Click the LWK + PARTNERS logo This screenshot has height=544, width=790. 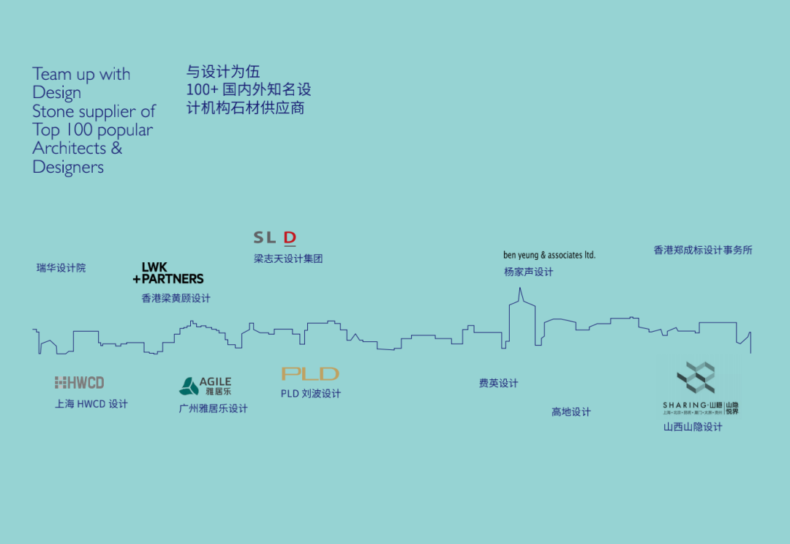(168, 273)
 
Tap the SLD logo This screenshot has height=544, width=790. (274, 237)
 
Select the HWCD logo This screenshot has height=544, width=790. (79, 382)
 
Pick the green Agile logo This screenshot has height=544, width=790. (206, 386)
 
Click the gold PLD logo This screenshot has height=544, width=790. (310, 373)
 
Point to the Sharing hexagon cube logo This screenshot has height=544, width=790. (696, 378)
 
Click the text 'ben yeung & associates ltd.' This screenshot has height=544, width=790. (549, 255)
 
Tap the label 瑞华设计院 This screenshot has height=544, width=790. (61, 268)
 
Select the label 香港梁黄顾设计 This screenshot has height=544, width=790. (176, 298)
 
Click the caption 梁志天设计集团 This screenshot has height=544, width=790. (288, 258)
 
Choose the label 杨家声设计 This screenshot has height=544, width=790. (528, 272)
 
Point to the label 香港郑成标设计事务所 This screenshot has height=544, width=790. (702, 250)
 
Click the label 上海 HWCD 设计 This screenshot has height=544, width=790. (91, 403)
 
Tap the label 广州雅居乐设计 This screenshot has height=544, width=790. (214, 409)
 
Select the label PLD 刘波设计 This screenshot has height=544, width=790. (310, 393)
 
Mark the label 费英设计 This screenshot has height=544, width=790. (498, 383)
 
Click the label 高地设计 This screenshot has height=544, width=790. (571, 411)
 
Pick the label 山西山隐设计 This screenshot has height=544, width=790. (692, 427)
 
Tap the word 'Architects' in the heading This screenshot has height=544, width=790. (69, 148)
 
